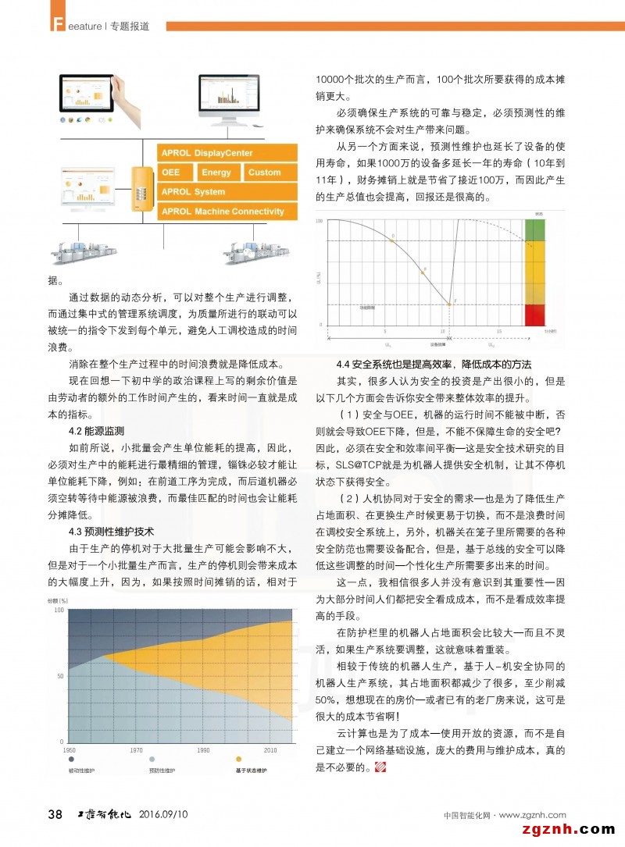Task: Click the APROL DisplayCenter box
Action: point(227,153)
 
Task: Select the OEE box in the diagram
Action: point(175,173)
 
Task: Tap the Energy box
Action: point(216,173)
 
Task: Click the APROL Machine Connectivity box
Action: point(227,212)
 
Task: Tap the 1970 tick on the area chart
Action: point(136,749)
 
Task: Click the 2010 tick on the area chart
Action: point(270,749)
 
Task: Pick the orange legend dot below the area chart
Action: point(238,759)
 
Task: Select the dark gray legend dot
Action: point(71,759)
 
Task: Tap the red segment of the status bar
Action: point(535,315)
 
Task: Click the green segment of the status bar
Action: point(535,231)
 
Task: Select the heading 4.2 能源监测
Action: point(97,431)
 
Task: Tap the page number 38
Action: point(55,815)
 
